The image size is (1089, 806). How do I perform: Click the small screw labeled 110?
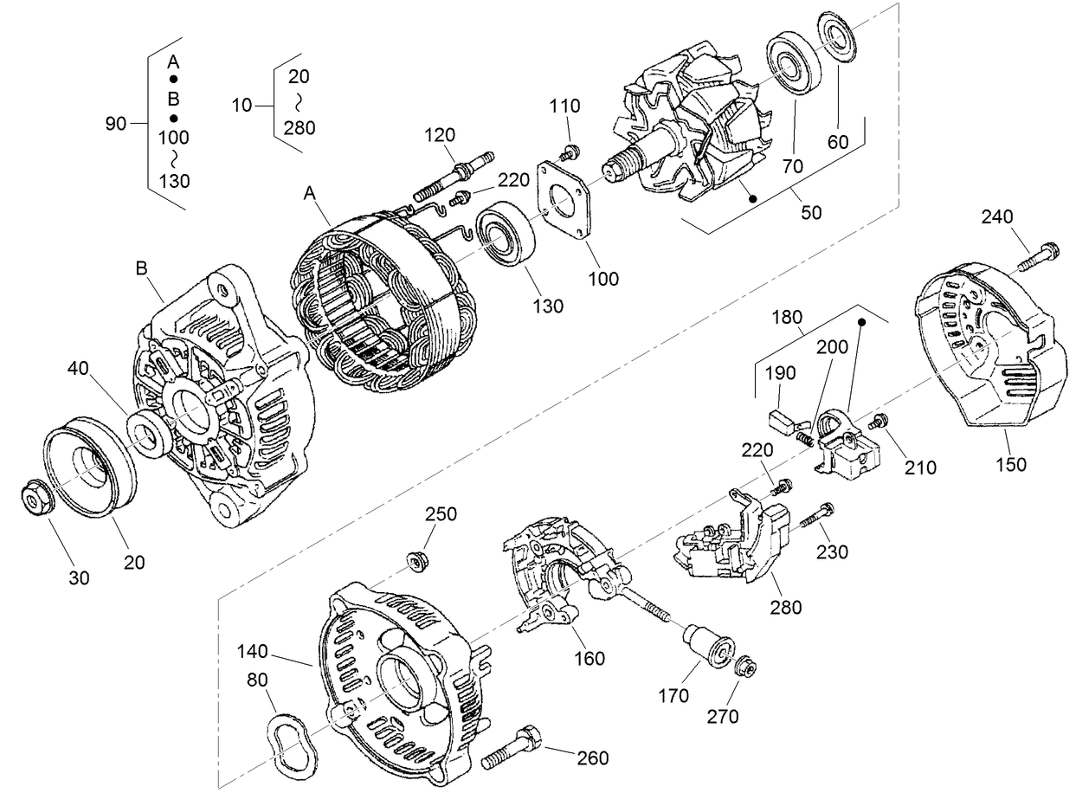(570, 154)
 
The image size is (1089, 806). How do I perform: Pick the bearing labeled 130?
(502, 233)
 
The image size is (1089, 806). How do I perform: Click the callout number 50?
(810, 212)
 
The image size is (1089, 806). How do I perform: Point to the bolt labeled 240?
(1039, 255)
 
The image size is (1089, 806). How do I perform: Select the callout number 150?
(1010, 464)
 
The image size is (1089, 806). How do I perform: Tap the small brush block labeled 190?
(783, 424)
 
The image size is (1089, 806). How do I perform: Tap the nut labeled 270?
(744, 667)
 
